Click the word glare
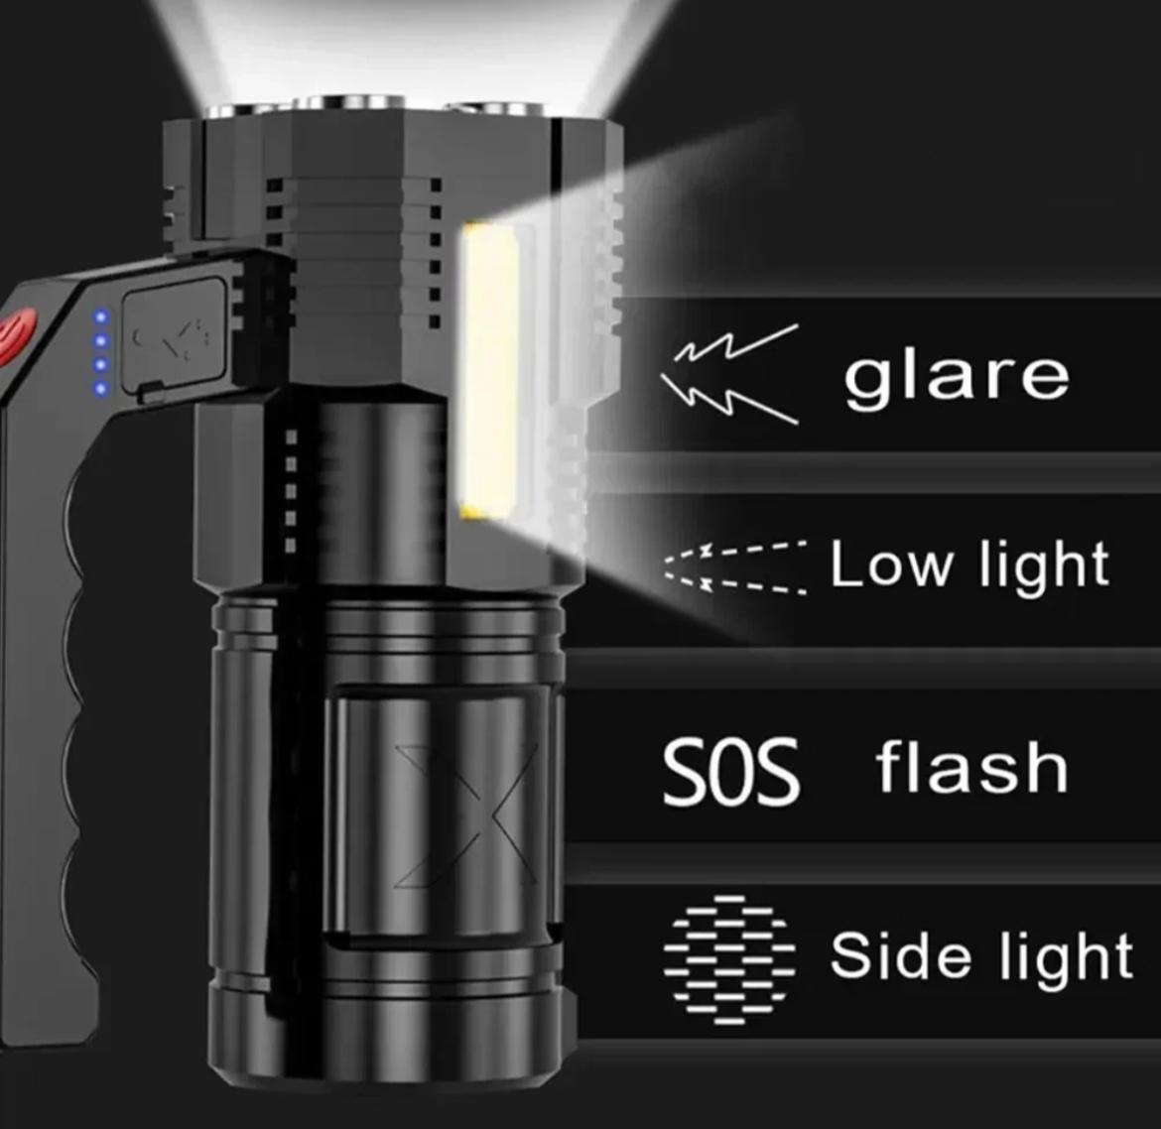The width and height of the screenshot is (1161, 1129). pyautogui.click(x=957, y=376)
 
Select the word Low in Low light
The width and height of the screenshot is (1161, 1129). pyautogui.click(x=888, y=564)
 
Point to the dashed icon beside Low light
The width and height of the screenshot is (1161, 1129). pyautogui.click(x=734, y=567)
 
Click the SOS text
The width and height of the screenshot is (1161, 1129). pyautogui.click(x=730, y=770)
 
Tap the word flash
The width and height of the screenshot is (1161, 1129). pyautogui.click(x=971, y=768)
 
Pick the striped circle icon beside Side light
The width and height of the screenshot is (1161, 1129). pyautogui.click(x=729, y=958)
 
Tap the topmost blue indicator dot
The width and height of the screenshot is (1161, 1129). pyautogui.click(x=99, y=317)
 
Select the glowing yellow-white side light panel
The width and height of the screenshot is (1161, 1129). pyautogui.click(x=489, y=371)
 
